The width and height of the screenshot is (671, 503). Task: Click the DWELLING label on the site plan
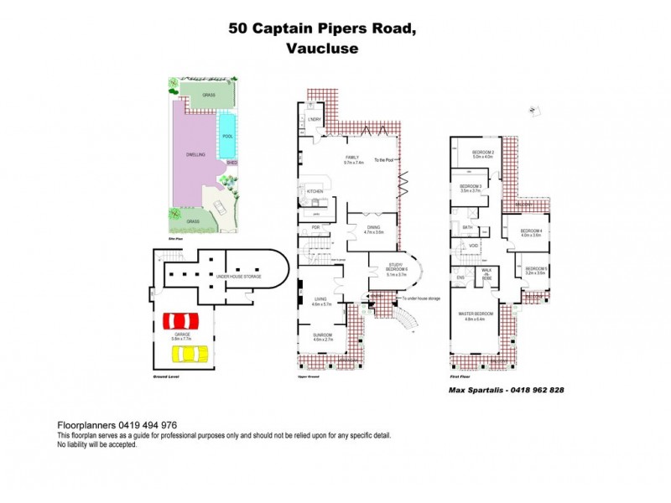click(196, 156)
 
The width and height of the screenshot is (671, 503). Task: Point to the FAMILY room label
click(351, 158)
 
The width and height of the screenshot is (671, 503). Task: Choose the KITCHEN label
click(315, 192)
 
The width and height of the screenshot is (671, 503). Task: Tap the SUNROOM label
click(323, 335)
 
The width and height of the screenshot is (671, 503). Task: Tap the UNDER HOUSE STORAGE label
click(239, 276)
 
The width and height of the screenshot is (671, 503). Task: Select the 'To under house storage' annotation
click(421, 298)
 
